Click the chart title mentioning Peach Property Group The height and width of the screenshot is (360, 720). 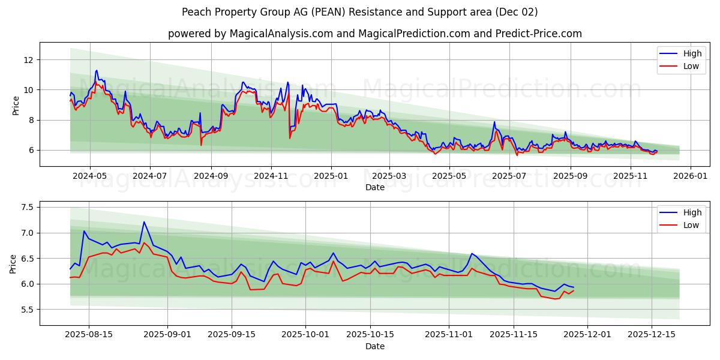(x=360, y=12)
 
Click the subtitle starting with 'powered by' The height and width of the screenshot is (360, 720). (x=374, y=34)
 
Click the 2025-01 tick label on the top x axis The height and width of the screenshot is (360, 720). (x=331, y=176)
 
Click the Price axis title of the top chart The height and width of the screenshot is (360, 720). (x=16, y=105)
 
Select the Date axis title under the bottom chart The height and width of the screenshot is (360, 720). (x=374, y=346)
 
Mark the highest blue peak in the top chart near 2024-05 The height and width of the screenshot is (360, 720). (x=96, y=70)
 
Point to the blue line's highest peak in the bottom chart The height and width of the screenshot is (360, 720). (x=143, y=222)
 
